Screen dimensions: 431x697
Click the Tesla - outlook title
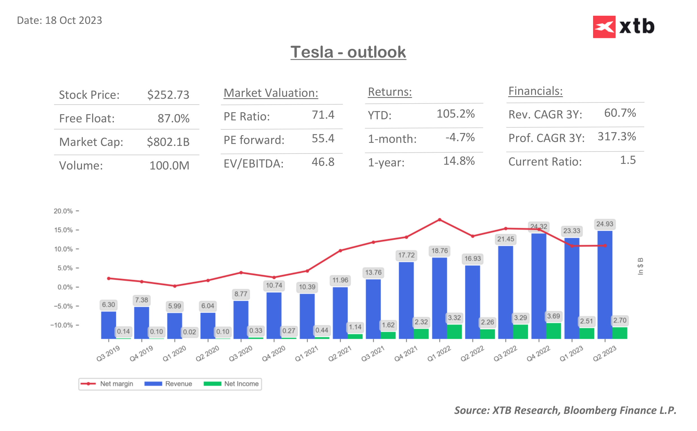[348, 52]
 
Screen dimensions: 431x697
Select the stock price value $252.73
[168, 95]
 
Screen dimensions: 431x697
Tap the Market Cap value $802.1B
[168, 142]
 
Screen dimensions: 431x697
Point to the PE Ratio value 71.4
[323, 115]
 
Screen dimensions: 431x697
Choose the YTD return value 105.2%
[455, 114]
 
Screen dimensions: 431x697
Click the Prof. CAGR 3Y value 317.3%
[617, 137]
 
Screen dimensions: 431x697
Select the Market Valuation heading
[271, 93]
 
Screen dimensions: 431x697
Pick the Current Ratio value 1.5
[628, 160]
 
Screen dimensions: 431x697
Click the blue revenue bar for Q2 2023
[605, 285]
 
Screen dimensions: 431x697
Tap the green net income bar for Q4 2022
[553, 331]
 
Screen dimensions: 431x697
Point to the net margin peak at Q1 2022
[439, 220]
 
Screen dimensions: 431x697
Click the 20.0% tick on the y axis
[63, 211]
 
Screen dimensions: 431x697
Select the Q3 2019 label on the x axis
[108, 354]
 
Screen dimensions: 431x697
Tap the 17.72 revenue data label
[406, 255]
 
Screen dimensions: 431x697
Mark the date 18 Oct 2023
[59, 20]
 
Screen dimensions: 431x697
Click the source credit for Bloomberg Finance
[565, 410]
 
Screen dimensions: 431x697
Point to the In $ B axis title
[640, 266]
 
